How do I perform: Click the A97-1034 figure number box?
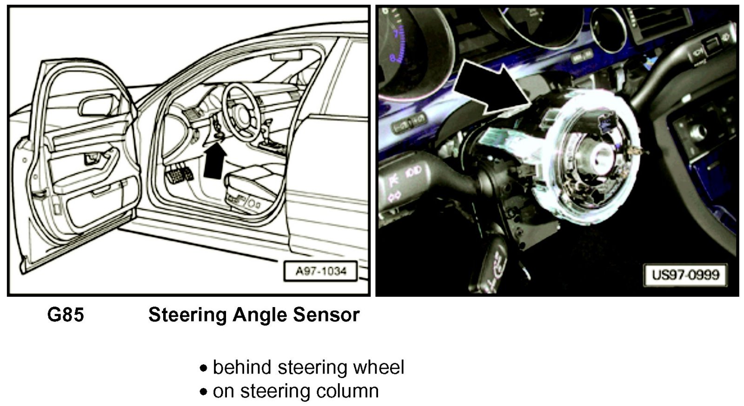click(321, 271)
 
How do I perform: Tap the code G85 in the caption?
click(66, 315)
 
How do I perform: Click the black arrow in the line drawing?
click(215, 160)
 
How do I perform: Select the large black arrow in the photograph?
click(493, 92)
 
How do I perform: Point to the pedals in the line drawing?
click(179, 174)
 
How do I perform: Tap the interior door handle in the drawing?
click(94, 158)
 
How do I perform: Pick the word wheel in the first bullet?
click(379, 367)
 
